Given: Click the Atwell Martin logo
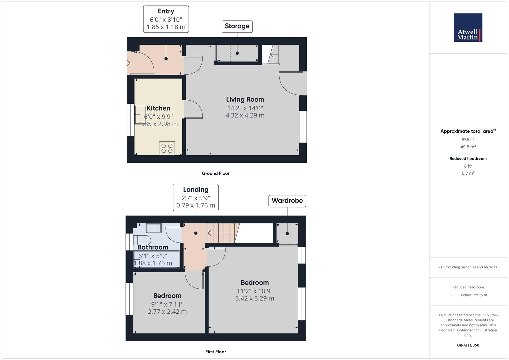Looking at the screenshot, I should pos(468,28).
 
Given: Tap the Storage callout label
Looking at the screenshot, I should pos(237,26).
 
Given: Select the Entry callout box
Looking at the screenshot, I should pos(166,19).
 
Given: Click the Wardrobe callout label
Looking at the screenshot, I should pos(287,201).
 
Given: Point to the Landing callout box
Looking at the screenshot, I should pos(196,198).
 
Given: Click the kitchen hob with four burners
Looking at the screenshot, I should pos(167,148).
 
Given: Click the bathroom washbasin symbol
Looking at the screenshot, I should pos(154,228).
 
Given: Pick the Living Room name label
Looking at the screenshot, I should pos(245,99).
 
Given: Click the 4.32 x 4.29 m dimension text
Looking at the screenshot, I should pos(245,115).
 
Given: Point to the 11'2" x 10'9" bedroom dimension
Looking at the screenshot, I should pos(255,291).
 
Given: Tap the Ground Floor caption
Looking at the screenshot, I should pos(216,173).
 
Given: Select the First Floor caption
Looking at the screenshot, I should pos(216,352).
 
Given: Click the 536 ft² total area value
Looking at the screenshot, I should pos(468,140).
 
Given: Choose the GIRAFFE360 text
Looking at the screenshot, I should pos(468,345).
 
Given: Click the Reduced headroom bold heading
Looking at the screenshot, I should pos(468,159).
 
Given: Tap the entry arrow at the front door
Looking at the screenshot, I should pos(128,63).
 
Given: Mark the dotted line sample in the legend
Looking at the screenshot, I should pos(454,295).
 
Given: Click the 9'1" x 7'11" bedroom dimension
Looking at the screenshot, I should pos(167,304).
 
